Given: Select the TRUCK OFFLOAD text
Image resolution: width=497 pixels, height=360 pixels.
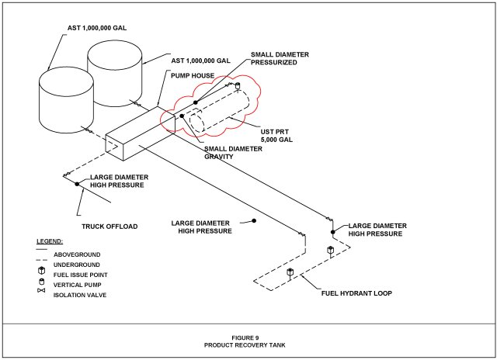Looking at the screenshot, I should [109, 227].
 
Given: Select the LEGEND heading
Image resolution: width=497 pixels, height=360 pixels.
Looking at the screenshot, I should [49, 242].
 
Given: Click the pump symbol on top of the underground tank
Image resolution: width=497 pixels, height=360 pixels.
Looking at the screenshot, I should [238, 86].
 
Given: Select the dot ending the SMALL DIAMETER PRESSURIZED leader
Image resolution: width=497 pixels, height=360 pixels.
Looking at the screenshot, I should [196, 102].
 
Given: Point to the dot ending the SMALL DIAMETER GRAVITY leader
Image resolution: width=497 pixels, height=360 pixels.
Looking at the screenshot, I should [182, 116].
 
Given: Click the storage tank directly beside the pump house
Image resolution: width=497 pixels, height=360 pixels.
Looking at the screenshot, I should [114, 74].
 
